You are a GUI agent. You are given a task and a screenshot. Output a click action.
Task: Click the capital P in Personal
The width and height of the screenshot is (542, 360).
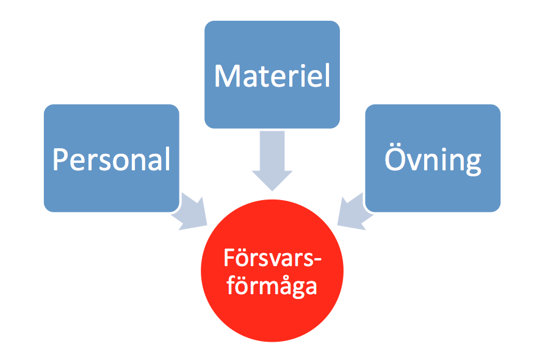coord(59,160)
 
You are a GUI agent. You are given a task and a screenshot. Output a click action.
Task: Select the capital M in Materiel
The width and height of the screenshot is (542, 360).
coord(226,76)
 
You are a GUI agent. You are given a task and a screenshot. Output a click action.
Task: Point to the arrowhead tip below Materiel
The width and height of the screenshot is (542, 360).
coord(272,189)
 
